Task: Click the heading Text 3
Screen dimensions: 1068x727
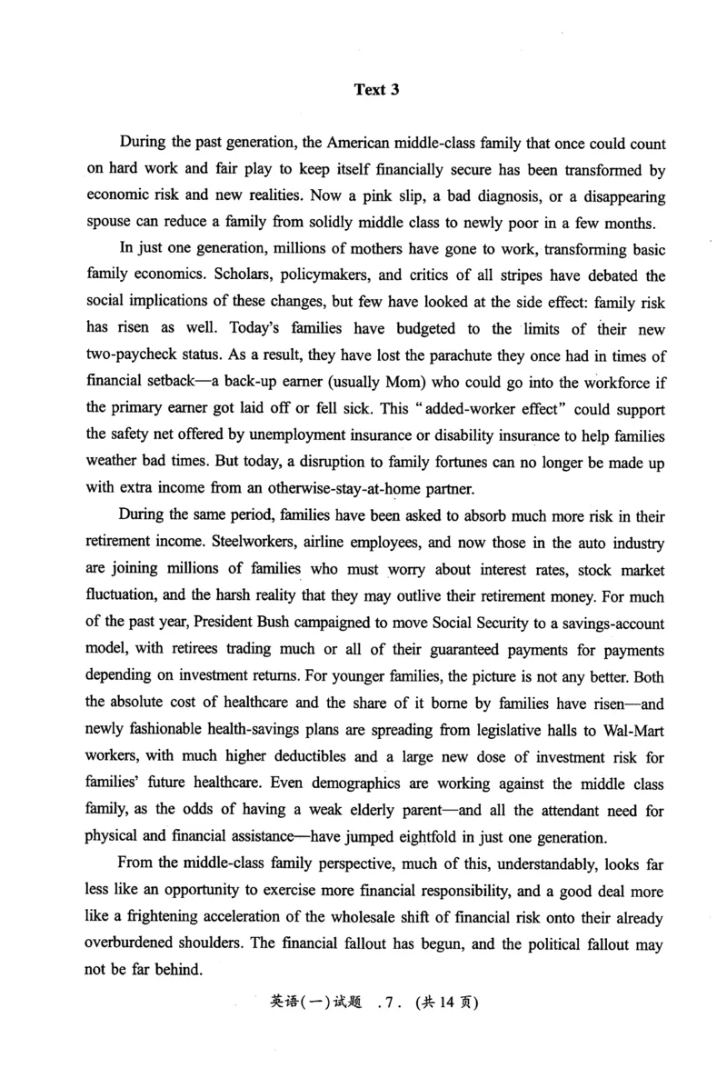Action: click(376, 90)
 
